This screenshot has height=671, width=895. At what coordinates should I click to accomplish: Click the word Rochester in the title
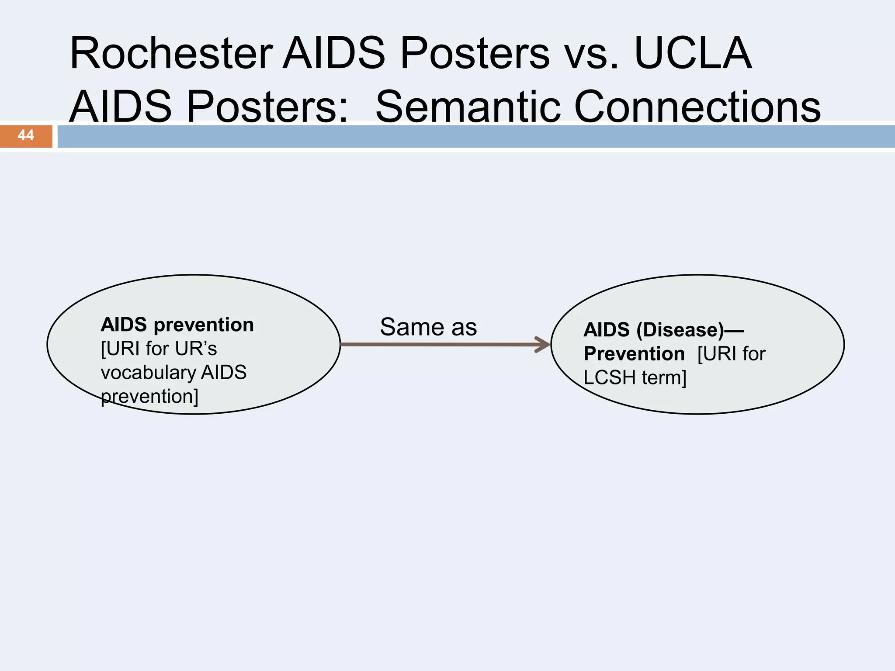tap(171, 53)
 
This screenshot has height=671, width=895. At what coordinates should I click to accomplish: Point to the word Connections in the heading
tap(697, 107)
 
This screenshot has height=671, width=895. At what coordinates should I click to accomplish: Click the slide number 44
tap(26, 135)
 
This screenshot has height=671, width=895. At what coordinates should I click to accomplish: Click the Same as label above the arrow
tap(428, 327)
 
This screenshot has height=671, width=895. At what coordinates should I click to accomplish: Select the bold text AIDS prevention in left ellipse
tap(177, 325)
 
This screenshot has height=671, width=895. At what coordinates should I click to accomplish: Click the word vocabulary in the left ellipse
tap(148, 372)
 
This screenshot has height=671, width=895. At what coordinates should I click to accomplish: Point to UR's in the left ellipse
tap(196, 349)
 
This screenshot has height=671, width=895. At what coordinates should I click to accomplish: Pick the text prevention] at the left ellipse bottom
tap(149, 396)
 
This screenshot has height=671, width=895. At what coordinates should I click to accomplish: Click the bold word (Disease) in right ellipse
tap(680, 329)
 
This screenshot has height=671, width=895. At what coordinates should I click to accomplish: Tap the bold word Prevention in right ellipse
tap(634, 353)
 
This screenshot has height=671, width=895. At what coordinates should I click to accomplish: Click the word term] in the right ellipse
tap(664, 377)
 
